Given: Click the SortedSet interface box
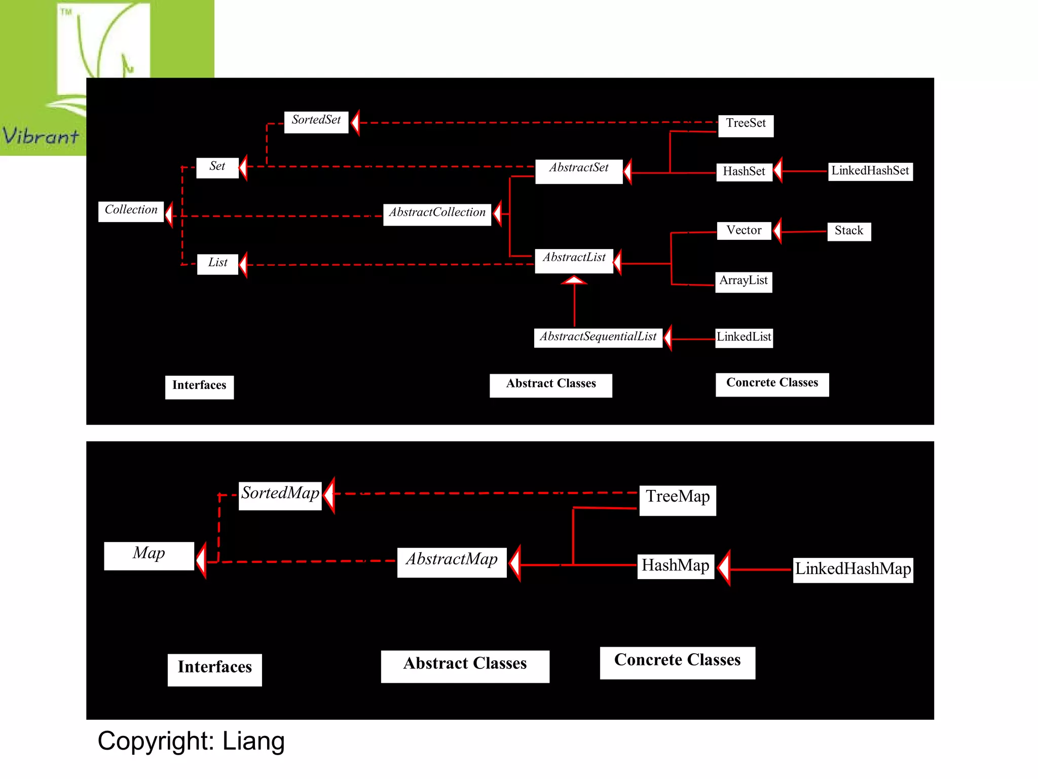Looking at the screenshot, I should click(x=316, y=122).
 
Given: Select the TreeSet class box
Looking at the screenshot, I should click(x=746, y=125).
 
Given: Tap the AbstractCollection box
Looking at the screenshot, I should click(x=437, y=214).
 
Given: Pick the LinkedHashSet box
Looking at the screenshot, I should click(x=870, y=171).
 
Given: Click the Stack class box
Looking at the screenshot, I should click(x=849, y=231).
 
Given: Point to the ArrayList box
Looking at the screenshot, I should click(x=744, y=282).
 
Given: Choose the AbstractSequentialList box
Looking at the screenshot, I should click(x=598, y=337).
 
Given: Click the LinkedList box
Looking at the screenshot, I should click(x=744, y=338).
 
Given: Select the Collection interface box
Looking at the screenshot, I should click(x=131, y=211).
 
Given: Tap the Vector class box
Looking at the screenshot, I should click(x=744, y=231).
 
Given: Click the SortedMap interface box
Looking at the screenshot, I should click(x=280, y=495).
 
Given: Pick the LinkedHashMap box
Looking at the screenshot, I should click(x=853, y=570).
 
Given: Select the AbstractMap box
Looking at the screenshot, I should click(x=452, y=561).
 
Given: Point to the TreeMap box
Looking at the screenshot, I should click(x=678, y=499).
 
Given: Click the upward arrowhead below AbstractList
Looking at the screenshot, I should click(x=574, y=280).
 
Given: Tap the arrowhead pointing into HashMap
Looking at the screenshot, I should click(x=724, y=568).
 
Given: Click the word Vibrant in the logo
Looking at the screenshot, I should click(x=41, y=136).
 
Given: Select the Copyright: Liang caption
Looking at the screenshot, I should click(x=191, y=741).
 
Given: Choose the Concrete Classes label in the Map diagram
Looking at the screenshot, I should click(x=677, y=662).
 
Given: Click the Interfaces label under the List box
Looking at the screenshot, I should click(x=199, y=386).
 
